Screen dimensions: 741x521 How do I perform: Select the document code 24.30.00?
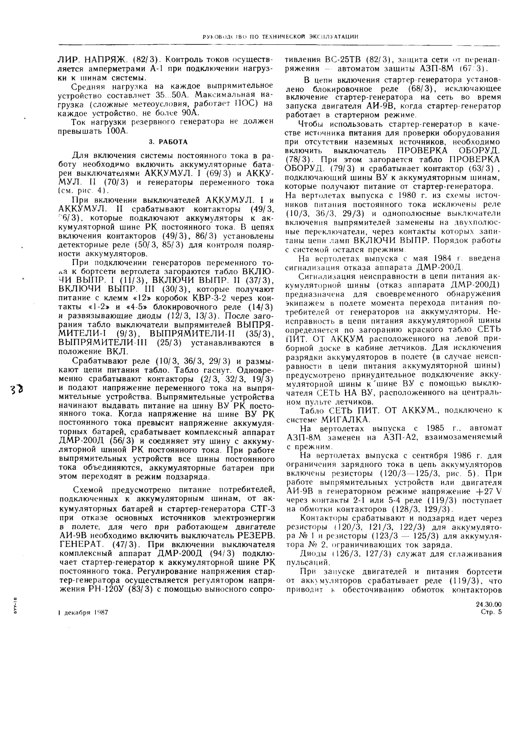[x=489, y=604]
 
